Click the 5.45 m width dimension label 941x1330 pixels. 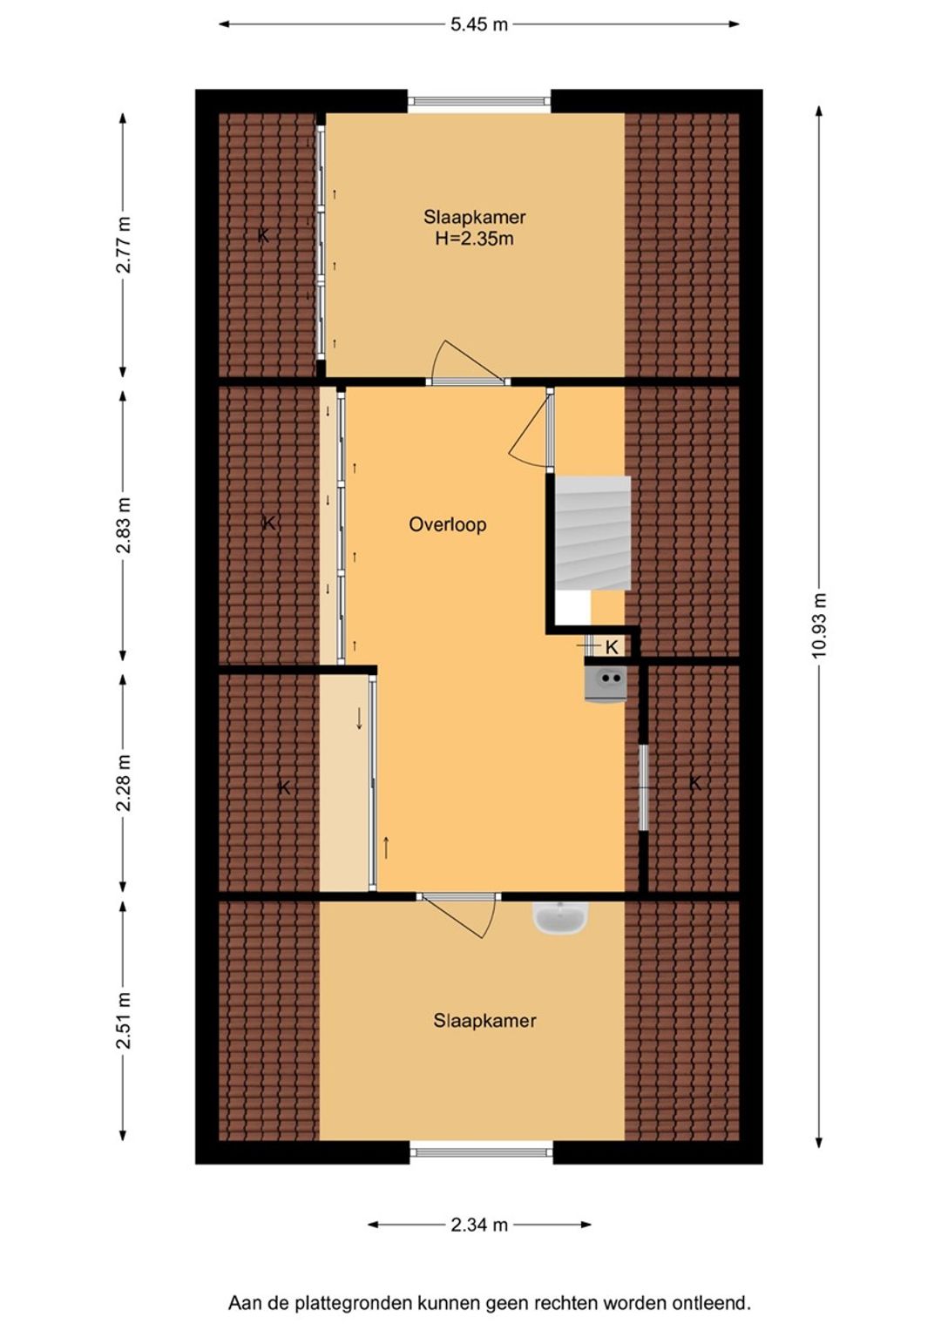pyautogui.click(x=479, y=24)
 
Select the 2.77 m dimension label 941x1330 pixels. pyautogui.click(x=124, y=245)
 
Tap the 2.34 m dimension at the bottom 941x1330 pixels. pyautogui.click(x=479, y=1225)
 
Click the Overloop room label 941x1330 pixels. pyautogui.click(x=447, y=525)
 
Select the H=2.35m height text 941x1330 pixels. pyautogui.click(x=474, y=240)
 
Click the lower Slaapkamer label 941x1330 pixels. pyautogui.click(x=484, y=1021)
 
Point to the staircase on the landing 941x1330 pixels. pyautogui.click(x=592, y=532)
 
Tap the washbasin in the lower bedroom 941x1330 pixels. pyautogui.click(x=561, y=919)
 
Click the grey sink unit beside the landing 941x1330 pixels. pyautogui.click(x=605, y=684)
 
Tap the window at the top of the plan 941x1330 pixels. pyautogui.click(x=479, y=101)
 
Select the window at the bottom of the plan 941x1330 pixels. pyautogui.click(x=481, y=1152)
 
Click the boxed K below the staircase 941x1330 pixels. pyautogui.click(x=612, y=646)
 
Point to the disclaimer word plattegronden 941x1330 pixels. pyautogui.click(x=353, y=1304)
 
